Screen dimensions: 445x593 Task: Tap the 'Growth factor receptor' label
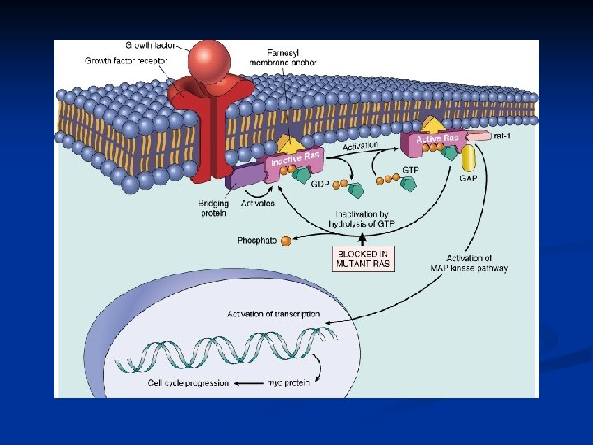[x=126, y=60]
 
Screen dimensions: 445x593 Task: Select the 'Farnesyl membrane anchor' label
[x=282, y=57]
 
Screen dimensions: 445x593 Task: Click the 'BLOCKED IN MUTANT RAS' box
[x=362, y=258]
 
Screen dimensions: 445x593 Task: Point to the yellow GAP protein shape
[x=469, y=158]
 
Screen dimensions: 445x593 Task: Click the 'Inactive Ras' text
[x=294, y=157]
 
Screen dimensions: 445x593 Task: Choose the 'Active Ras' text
[x=437, y=138]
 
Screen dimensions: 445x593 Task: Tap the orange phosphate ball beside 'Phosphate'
[x=286, y=241]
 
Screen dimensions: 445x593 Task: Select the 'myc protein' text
[x=287, y=382]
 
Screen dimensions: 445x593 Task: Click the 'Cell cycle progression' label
[x=189, y=382]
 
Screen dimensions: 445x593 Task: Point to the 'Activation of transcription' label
[x=273, y=314]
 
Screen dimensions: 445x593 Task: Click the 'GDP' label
[x=320, y=184]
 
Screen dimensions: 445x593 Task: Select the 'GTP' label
[x=410, y=170]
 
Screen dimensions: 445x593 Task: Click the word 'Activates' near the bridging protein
[x=258, y=203]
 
